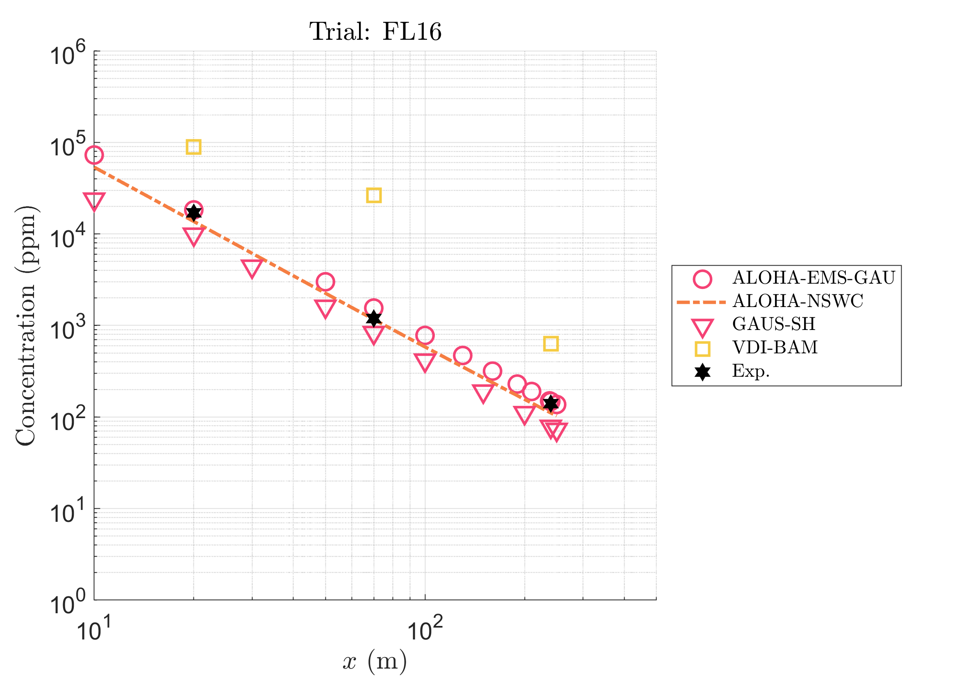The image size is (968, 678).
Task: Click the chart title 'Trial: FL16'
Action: tap(375, 32)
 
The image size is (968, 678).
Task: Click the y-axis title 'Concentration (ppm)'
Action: tap(26, 325)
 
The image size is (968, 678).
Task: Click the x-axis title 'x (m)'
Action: tap(375, 661)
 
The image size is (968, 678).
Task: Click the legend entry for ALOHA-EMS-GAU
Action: tap(813, 278)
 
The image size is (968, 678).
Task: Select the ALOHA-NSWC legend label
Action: tap(798, 301)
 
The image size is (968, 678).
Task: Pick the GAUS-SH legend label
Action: tap(773, 324)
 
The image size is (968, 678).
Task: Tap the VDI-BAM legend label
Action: tap(775, 348)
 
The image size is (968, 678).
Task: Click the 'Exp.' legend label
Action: tap(750, 371)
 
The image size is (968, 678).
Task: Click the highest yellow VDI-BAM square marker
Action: tap(193, 147)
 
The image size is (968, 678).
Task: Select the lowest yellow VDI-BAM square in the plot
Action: tap(551, 344)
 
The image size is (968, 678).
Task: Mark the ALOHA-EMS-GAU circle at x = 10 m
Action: tap(94, 155)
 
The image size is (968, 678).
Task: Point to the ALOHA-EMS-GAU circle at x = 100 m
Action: tap(425, 336)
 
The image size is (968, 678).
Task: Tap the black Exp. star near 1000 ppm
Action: tap(373, 319)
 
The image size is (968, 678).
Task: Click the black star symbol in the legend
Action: tap(702, 372)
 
